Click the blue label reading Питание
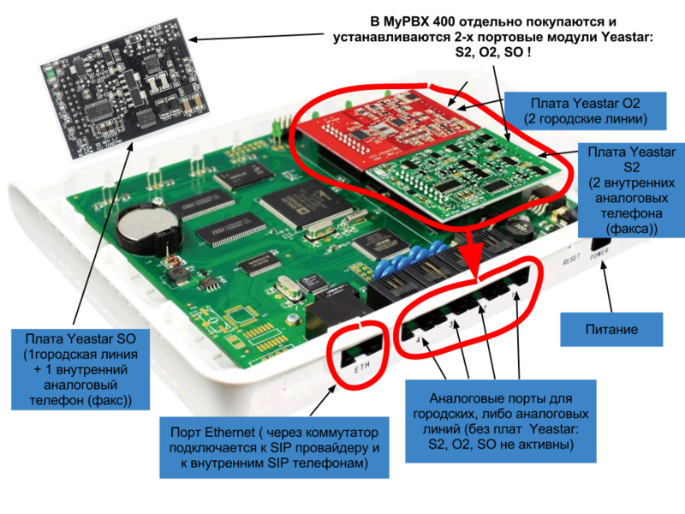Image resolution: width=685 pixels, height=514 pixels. [x=611, y=329]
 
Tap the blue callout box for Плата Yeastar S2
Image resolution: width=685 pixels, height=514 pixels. [x=632, y=190]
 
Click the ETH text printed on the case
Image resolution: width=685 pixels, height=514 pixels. [x=360, y=368]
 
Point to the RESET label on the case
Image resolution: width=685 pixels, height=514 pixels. [x=571, y=257]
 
